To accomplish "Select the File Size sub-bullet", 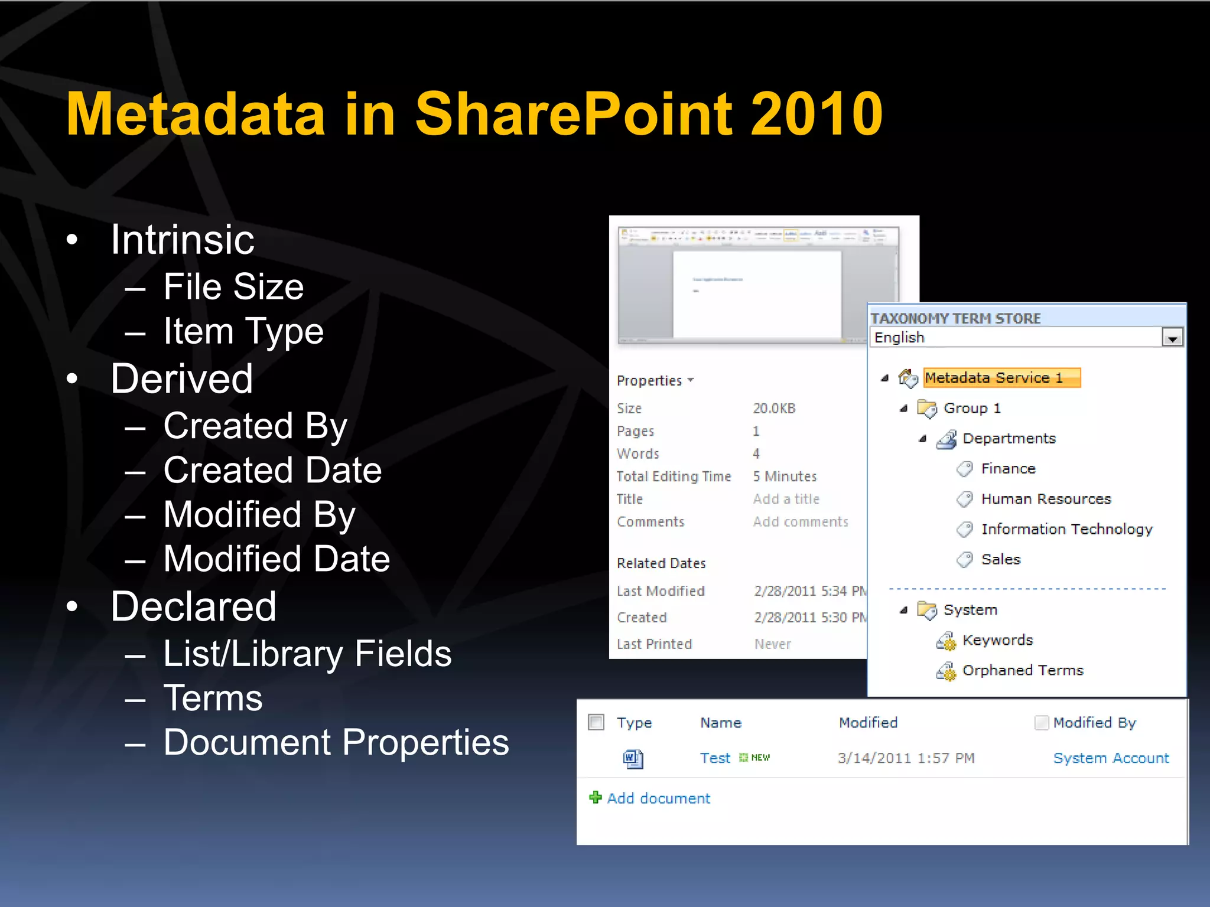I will pos(233,287).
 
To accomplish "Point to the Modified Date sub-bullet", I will pos(277,559).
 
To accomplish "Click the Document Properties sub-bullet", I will pos(336,742).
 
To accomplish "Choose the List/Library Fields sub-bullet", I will pos(307,654).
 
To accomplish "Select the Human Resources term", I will pos(1046,499).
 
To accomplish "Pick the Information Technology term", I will pos(1066,529).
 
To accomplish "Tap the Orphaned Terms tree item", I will pos(1022,670).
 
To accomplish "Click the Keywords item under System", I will pos(997,640).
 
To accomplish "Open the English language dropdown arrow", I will pos(1172,338).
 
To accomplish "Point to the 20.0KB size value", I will pos(774,409).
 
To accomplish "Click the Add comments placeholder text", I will pos(800,522).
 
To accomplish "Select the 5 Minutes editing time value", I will pos(785,477).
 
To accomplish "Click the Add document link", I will pos(658,798).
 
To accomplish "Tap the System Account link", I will pos(1111,758).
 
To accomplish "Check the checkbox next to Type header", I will pos(596,722).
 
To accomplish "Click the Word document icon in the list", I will pos(633,758).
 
